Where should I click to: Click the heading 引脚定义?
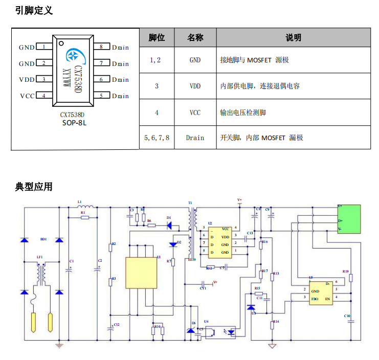point(34,10)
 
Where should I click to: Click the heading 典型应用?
point(34,187)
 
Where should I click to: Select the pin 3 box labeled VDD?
point(44,79)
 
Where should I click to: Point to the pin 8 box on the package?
point(101,47)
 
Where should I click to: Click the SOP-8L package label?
point(74,123)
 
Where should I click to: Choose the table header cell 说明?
point(293,37)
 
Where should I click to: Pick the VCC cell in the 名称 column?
point(195,112)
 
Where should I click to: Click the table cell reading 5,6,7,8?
point(157,138)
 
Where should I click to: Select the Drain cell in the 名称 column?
point(195,138)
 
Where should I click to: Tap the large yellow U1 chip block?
point(141,273)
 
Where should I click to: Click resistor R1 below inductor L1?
point(85,217)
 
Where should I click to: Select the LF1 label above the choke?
point(39,257)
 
